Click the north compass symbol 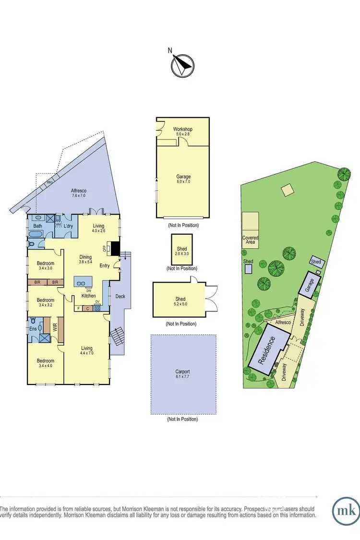pyautogui.click(x=182, y=65)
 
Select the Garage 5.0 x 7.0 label pyautogui.click(x=183, y=180)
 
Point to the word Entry pyautogui.click(x=105, y=266)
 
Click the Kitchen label pyautogui.click(x=88, y=296)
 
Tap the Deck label pyautogui.click(x=120, y=296)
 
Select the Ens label pyautogui.click(x=32, y=329)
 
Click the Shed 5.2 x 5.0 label pyautogui.click(x=180, y=301)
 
